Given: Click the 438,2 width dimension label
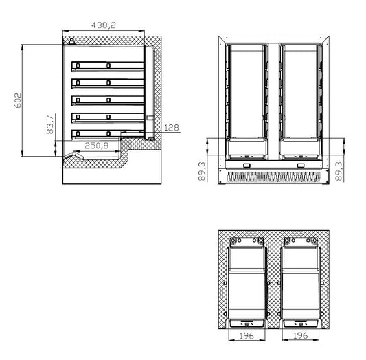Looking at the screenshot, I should [x=103, y=25].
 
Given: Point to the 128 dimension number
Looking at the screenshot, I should [x=172, y=127].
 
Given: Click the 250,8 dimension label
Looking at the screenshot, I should [x=98, y=146].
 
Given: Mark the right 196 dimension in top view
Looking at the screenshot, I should [x=299, y=336].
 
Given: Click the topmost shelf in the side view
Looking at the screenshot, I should [x=108, y=67].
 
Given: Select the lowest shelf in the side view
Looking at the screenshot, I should [x=108, y=133].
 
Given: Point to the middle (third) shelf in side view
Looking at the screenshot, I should [x=108, y=100].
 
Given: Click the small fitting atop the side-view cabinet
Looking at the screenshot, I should [x=72, y=41].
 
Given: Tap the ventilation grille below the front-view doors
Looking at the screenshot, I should [x=273, y=177].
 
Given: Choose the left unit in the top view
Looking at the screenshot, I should [x=247, y=282].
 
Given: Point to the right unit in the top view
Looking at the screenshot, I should [x=299, y=282].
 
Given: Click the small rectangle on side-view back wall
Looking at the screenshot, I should [x=149, y=119].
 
